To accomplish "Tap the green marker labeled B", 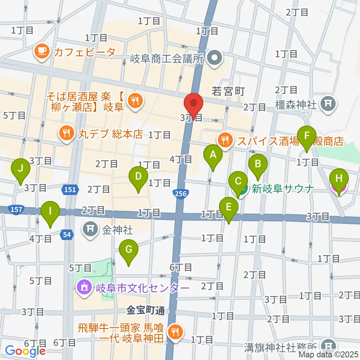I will click(258, 164).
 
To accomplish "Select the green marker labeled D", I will click(138, 176).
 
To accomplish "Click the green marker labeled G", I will click(129, 249).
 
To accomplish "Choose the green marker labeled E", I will click(229, 206).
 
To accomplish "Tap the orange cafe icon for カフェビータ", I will click(42, 52).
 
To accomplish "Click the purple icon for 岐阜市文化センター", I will click(83, 288).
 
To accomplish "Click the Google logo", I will click(25, 351).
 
